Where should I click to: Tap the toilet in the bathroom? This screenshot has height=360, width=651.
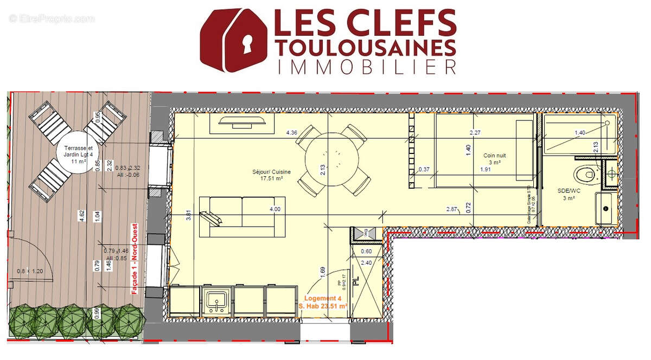click(x=585, y=174)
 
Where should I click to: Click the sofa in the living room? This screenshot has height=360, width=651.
click(x=241, y=216)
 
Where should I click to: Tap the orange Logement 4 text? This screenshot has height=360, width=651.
click(x=323, y=299)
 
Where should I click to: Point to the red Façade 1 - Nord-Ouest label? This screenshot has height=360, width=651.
click(x=135, y=259)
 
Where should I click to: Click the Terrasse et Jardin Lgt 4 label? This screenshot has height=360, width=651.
click(x=79, y=152)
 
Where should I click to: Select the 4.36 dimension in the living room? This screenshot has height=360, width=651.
click(x=291, y=132)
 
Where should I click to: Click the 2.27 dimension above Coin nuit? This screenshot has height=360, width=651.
click(x=476, y=132)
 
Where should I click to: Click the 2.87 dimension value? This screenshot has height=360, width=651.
click(x=451, y=209)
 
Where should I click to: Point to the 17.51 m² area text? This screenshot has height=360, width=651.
click(x=272, y=178)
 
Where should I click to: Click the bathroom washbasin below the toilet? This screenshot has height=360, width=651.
click(x=605, y=208)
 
